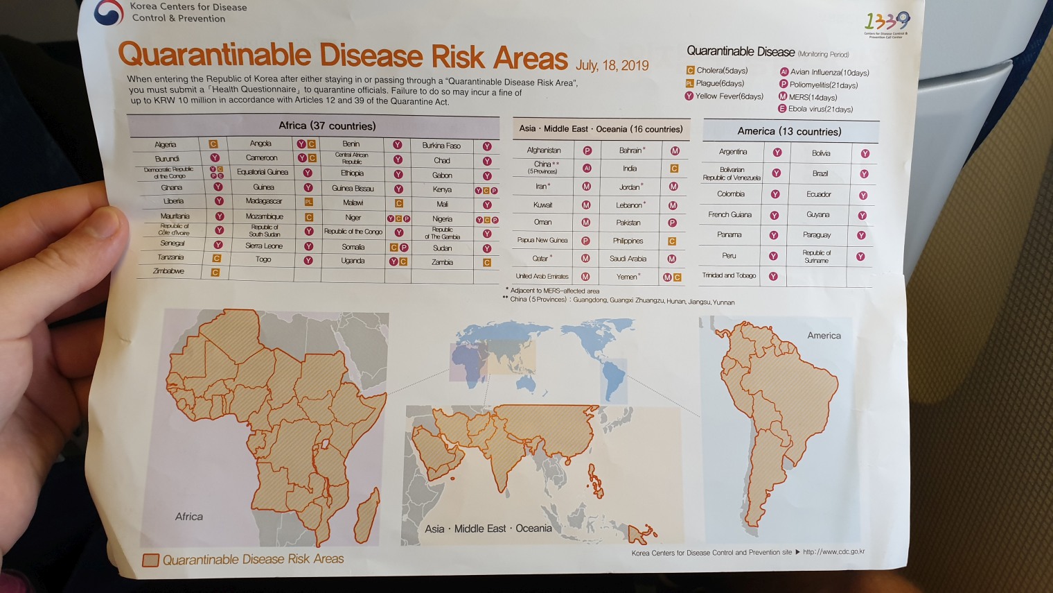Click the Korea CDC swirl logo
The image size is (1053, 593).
[108, 12]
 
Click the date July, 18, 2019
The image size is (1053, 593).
[612, 65]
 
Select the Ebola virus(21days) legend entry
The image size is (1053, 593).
[815, 109]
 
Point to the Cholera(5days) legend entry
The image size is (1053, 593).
[717, 70]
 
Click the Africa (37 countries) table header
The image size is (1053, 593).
[327, 126]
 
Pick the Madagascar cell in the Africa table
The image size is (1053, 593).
[263, 201]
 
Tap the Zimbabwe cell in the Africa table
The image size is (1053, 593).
[168, 271]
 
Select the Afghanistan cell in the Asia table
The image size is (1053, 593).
[544, 150]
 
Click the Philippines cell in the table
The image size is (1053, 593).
[628, 241]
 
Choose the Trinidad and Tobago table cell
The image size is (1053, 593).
[729, 275]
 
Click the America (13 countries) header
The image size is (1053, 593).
[789, 131]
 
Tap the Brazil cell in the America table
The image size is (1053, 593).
[820, 173]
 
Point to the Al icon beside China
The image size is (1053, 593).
[587, 168]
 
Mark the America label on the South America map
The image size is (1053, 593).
[824, 336]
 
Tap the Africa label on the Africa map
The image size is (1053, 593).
[188, 517]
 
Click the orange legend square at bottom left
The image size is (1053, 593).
[150, 560]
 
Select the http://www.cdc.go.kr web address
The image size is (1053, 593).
[833, 552]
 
